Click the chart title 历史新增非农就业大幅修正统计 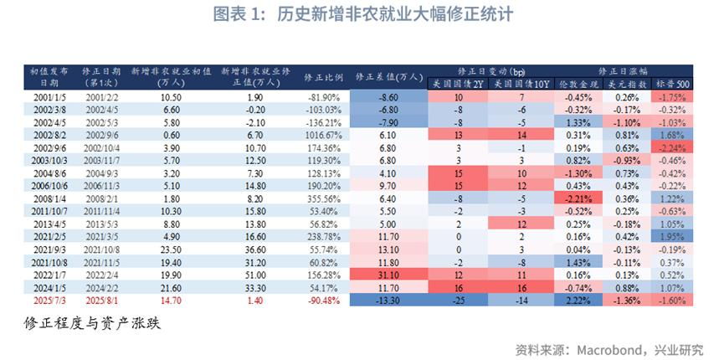click(x=393, y=16)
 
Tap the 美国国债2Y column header click(x=455, y=85)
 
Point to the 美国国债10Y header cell click(x=521, y=85)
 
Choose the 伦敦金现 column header click(x=578, y=85)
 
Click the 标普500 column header click(x=672, y=85)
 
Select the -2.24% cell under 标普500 click(x=672, y=147)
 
